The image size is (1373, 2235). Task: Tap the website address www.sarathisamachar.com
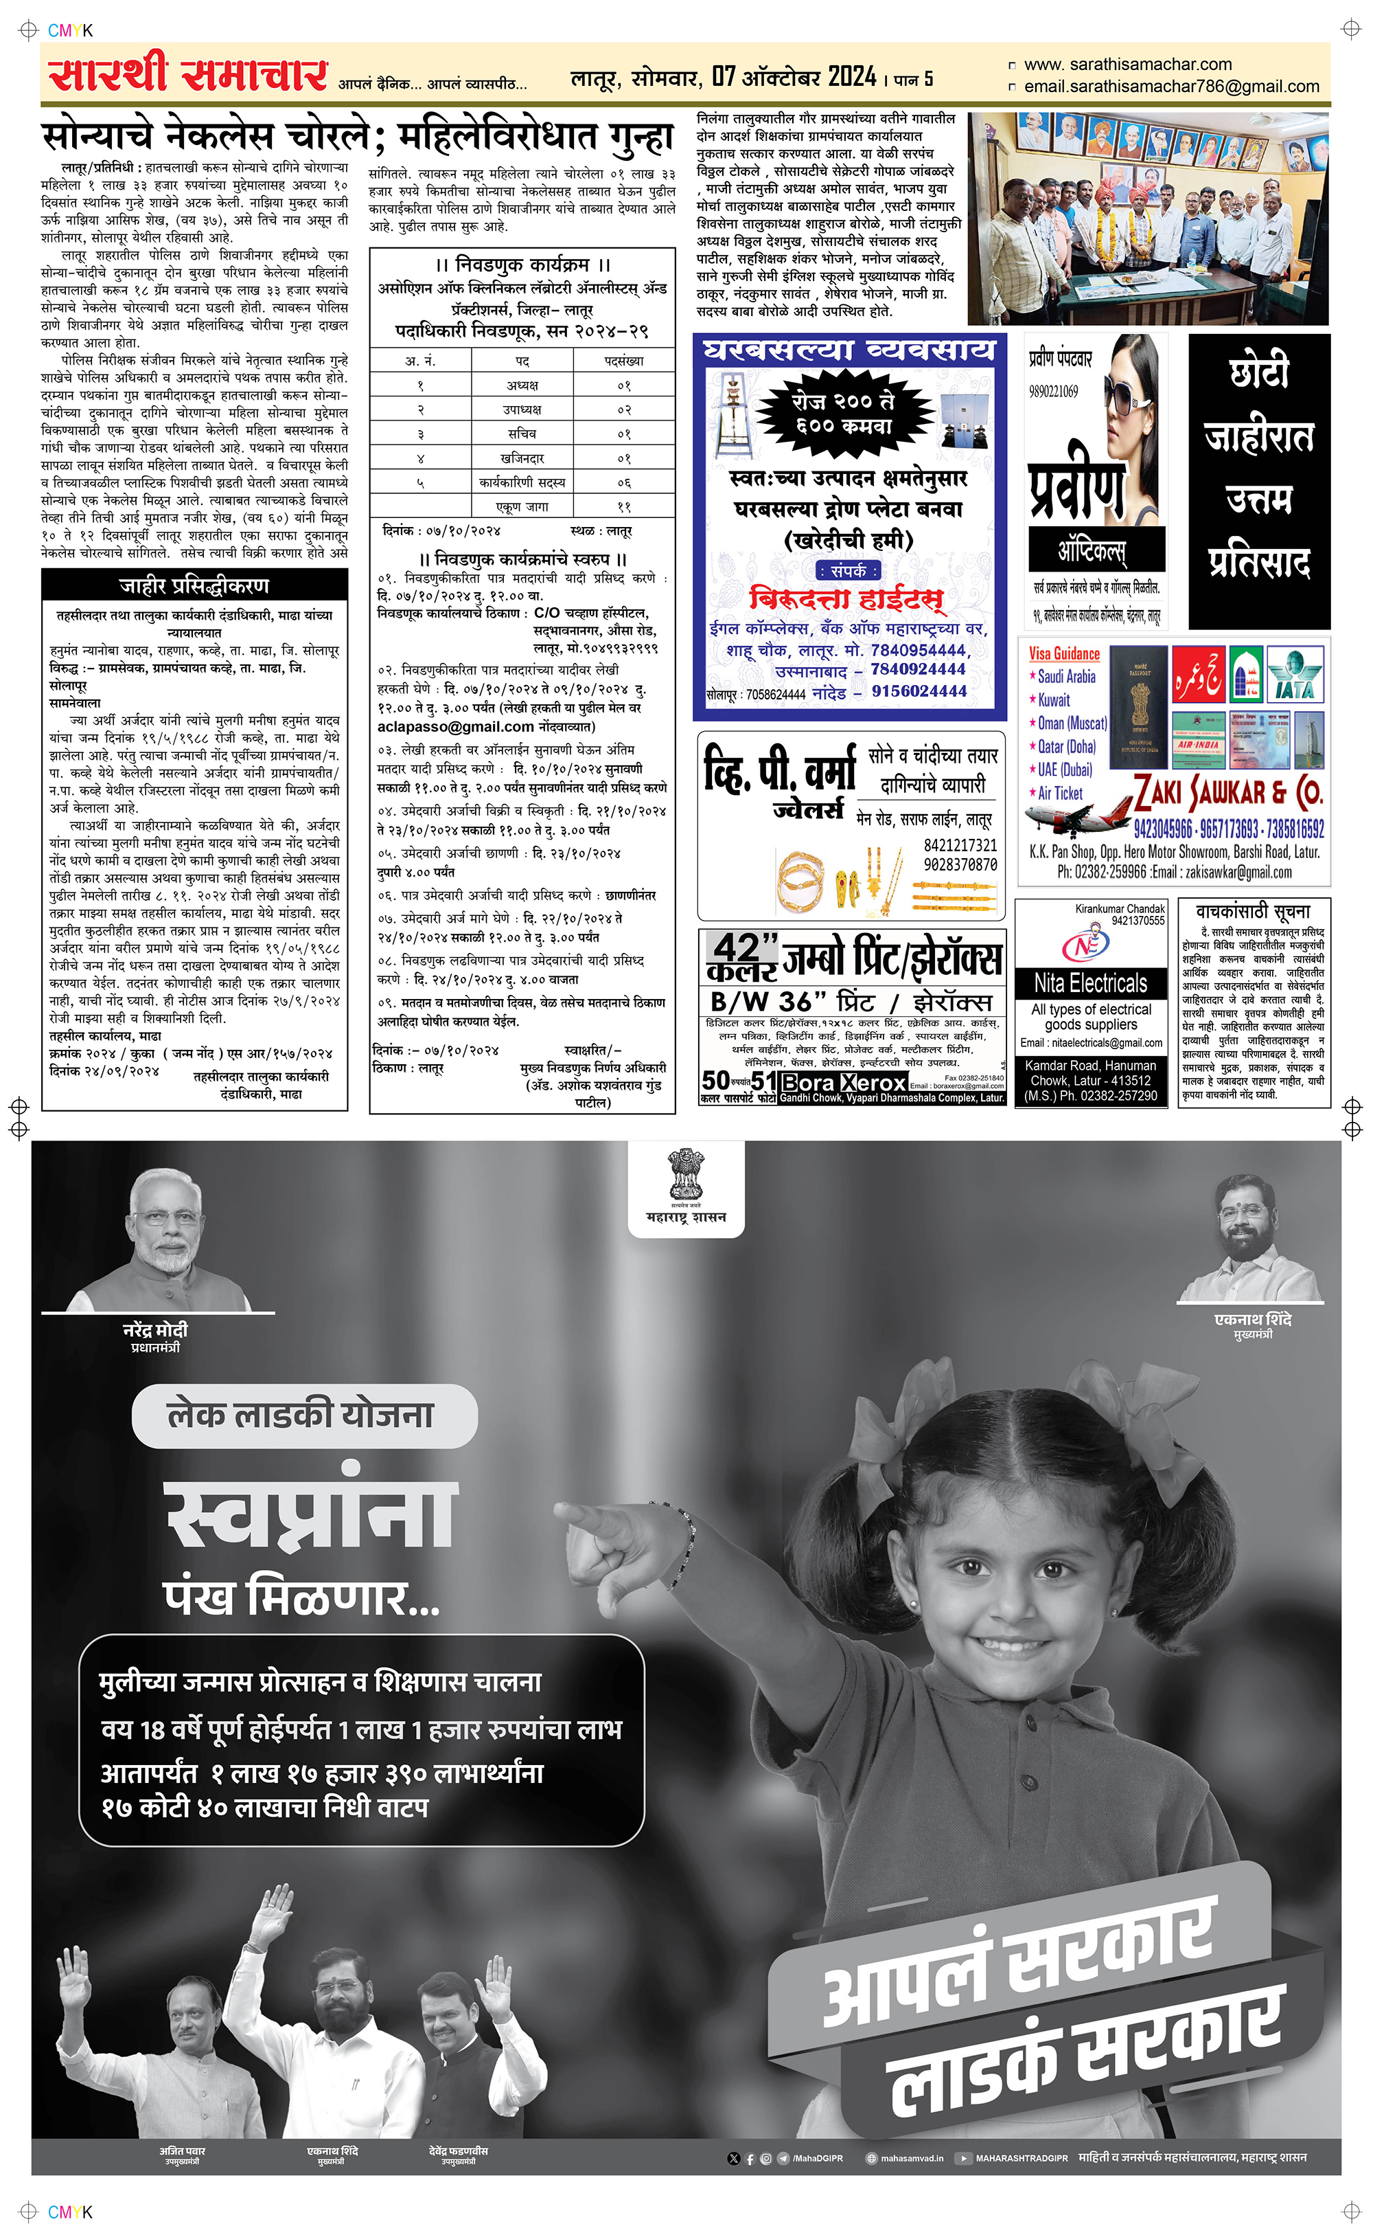pyautogui.click(x=1128, y=65)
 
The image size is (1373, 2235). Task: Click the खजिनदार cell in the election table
pyautogui.click(x=522, y=458)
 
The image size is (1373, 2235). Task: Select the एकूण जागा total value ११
pyautogui.click(x=624, y=507)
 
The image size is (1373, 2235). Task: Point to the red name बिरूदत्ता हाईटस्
pyautogui.click(x=847, y=598)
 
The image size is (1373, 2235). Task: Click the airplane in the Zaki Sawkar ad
pyautogui.click(x=1076, y=811)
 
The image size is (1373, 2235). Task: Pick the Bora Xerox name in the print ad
pyautogui.click(x=844, y=1082)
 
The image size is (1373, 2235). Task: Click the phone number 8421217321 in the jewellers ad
pyautogui.click(x=960, y=846)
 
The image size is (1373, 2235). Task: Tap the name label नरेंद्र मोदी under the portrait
pyautogui.click(x=155, y=1330)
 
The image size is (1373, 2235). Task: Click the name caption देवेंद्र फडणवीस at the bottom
pyautogui.click(x=458, y=2150)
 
